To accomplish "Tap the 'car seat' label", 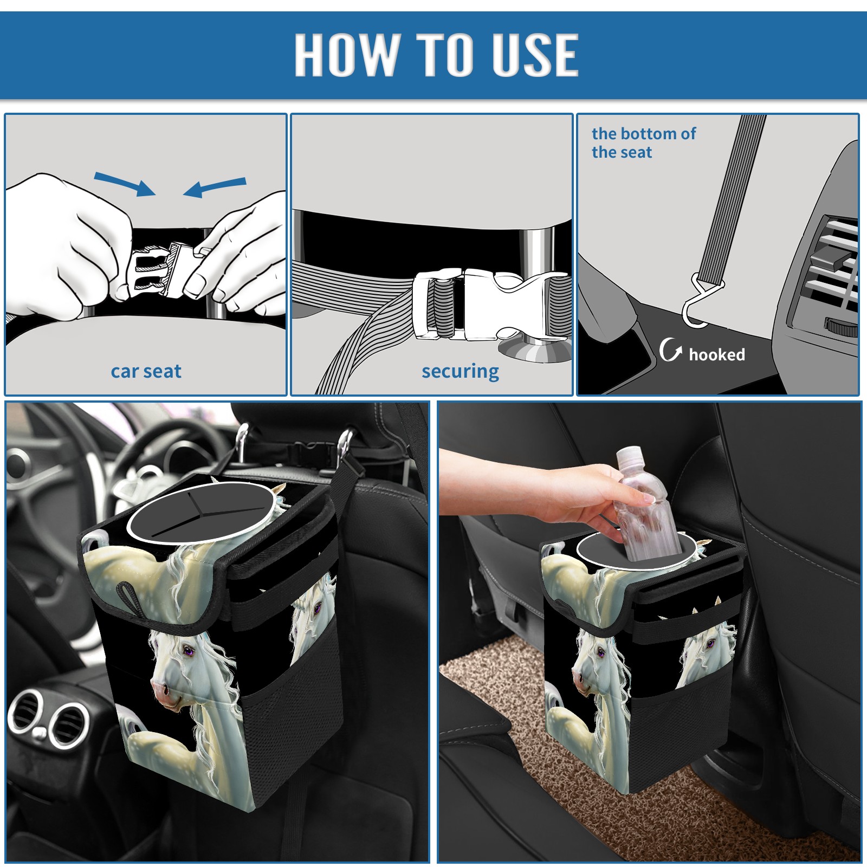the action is (x=146, y=372).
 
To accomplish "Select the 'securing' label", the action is (x=461, y=372).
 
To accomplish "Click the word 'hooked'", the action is (x=717, y=354).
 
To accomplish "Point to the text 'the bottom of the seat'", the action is (x=643, y=143).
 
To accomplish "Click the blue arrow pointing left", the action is (x=215, y=187).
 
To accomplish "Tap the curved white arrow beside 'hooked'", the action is (x=670, y=350).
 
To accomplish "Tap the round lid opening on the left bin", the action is (x=200, y=512).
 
